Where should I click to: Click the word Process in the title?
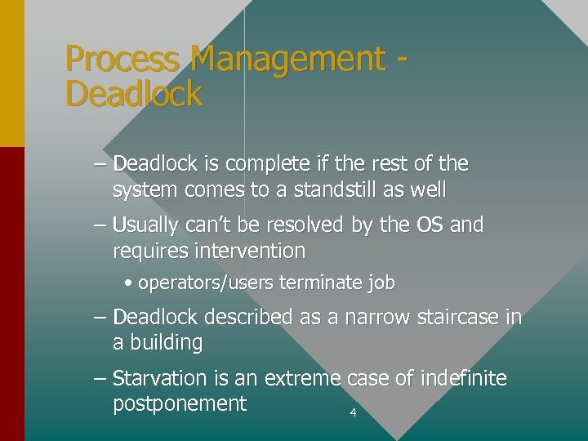click(x=123, y=60)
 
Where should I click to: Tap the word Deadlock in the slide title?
click(x=133, y=95)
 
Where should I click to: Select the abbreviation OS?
click(x=425, y=225)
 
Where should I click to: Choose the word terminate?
click(x=323, y=283)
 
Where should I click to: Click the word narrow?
click(x=367, y=317)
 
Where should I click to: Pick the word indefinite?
click(x=463, y=379)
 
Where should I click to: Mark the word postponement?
click(x=180, y=404)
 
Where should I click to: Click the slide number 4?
click(x=353, y=413)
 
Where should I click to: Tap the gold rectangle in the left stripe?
click(x=12, y=73)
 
